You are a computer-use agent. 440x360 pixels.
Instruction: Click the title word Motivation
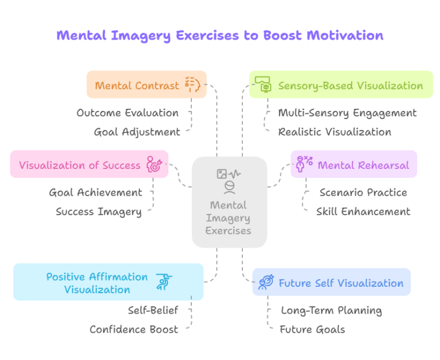[344, 35]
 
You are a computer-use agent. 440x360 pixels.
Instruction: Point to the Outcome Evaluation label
[127, 113]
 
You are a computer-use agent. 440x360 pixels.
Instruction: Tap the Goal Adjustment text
[137, 132]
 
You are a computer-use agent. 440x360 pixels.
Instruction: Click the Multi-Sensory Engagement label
[347, 113]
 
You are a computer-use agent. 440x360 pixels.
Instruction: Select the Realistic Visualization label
[335, 132]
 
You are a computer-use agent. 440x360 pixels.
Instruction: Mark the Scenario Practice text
[363, 193]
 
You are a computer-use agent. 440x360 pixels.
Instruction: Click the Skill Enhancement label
[363, 212]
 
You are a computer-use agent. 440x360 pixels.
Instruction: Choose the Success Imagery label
[99, 212]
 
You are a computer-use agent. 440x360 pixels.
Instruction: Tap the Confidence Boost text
[133, 330]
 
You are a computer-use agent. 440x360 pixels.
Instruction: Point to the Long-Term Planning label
[331, 311]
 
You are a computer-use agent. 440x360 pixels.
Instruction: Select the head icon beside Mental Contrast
[192, 85]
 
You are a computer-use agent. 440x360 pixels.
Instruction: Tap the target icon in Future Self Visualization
[266, 282]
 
